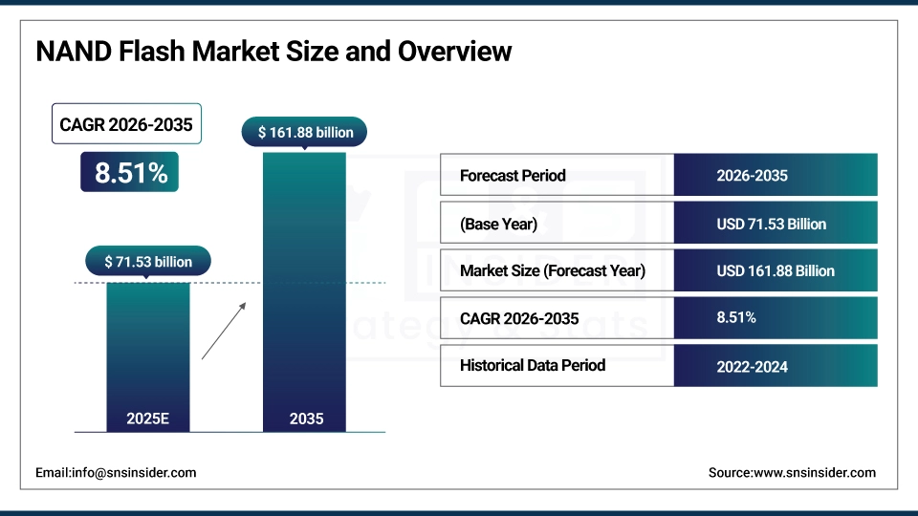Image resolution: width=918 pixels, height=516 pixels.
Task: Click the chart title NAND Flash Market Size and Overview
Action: [273, 52]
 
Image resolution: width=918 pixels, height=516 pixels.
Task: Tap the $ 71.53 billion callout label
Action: [147, 261]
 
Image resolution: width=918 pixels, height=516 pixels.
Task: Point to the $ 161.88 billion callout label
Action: [305, 132]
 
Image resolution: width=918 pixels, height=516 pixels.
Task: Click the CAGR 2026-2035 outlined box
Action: [126, 124]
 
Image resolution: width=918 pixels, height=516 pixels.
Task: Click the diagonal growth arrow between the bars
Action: [224, 331]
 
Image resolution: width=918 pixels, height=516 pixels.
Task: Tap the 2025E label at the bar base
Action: [147, 419]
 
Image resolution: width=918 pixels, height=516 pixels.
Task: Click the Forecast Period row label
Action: [513, 176]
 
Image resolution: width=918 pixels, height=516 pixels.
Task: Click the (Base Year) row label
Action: [498, 224]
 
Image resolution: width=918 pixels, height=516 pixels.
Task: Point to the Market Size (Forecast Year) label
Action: [552, 270]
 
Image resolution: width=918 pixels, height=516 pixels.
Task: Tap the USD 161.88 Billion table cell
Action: [775, 270]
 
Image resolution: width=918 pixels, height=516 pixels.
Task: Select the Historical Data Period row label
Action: [532, 365]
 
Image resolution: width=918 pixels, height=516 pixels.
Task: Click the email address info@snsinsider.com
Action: [116, 472]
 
